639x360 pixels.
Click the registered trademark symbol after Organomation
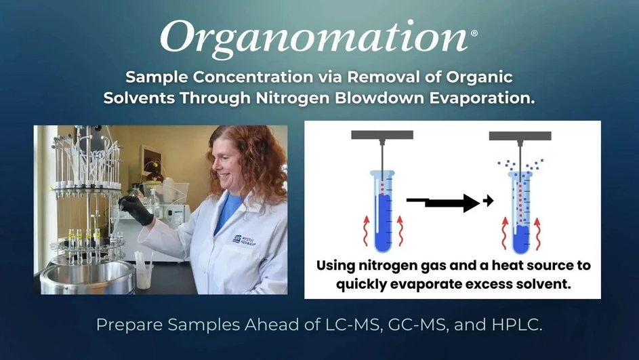pos(473,32)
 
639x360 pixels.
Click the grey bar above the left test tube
pos(382,135)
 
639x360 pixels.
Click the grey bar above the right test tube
pos(520,136)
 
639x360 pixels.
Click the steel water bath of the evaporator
pos(88,278)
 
